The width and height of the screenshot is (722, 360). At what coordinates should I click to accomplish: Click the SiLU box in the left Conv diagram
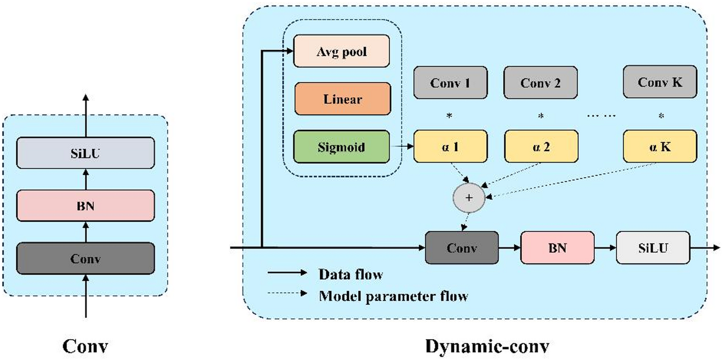[x=85, y=153]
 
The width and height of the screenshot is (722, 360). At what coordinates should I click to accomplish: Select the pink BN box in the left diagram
[x=85, y=206]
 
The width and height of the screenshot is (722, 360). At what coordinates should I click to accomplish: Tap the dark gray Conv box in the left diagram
[x=85, y=259]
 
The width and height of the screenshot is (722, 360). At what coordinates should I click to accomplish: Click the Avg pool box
[x=342, y=52]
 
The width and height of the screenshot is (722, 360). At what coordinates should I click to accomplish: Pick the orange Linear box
[x=342, y=100]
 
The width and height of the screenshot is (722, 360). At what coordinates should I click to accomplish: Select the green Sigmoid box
[x=342, y=147]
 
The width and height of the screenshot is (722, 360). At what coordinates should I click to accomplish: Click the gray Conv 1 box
[x=450, y=83]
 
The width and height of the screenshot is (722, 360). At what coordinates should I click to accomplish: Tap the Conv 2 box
[x=540, y=83]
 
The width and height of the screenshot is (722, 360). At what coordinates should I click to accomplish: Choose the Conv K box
[x=660, y=82]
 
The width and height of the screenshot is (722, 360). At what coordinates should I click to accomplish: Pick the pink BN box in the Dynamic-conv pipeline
[x=557, y=247]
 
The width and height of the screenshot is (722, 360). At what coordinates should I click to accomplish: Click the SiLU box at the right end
[x=653, y=247]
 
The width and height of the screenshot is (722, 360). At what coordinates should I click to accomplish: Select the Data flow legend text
[x=350, y=274]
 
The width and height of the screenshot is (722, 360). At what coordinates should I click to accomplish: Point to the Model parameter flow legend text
[x=393, y=296]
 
